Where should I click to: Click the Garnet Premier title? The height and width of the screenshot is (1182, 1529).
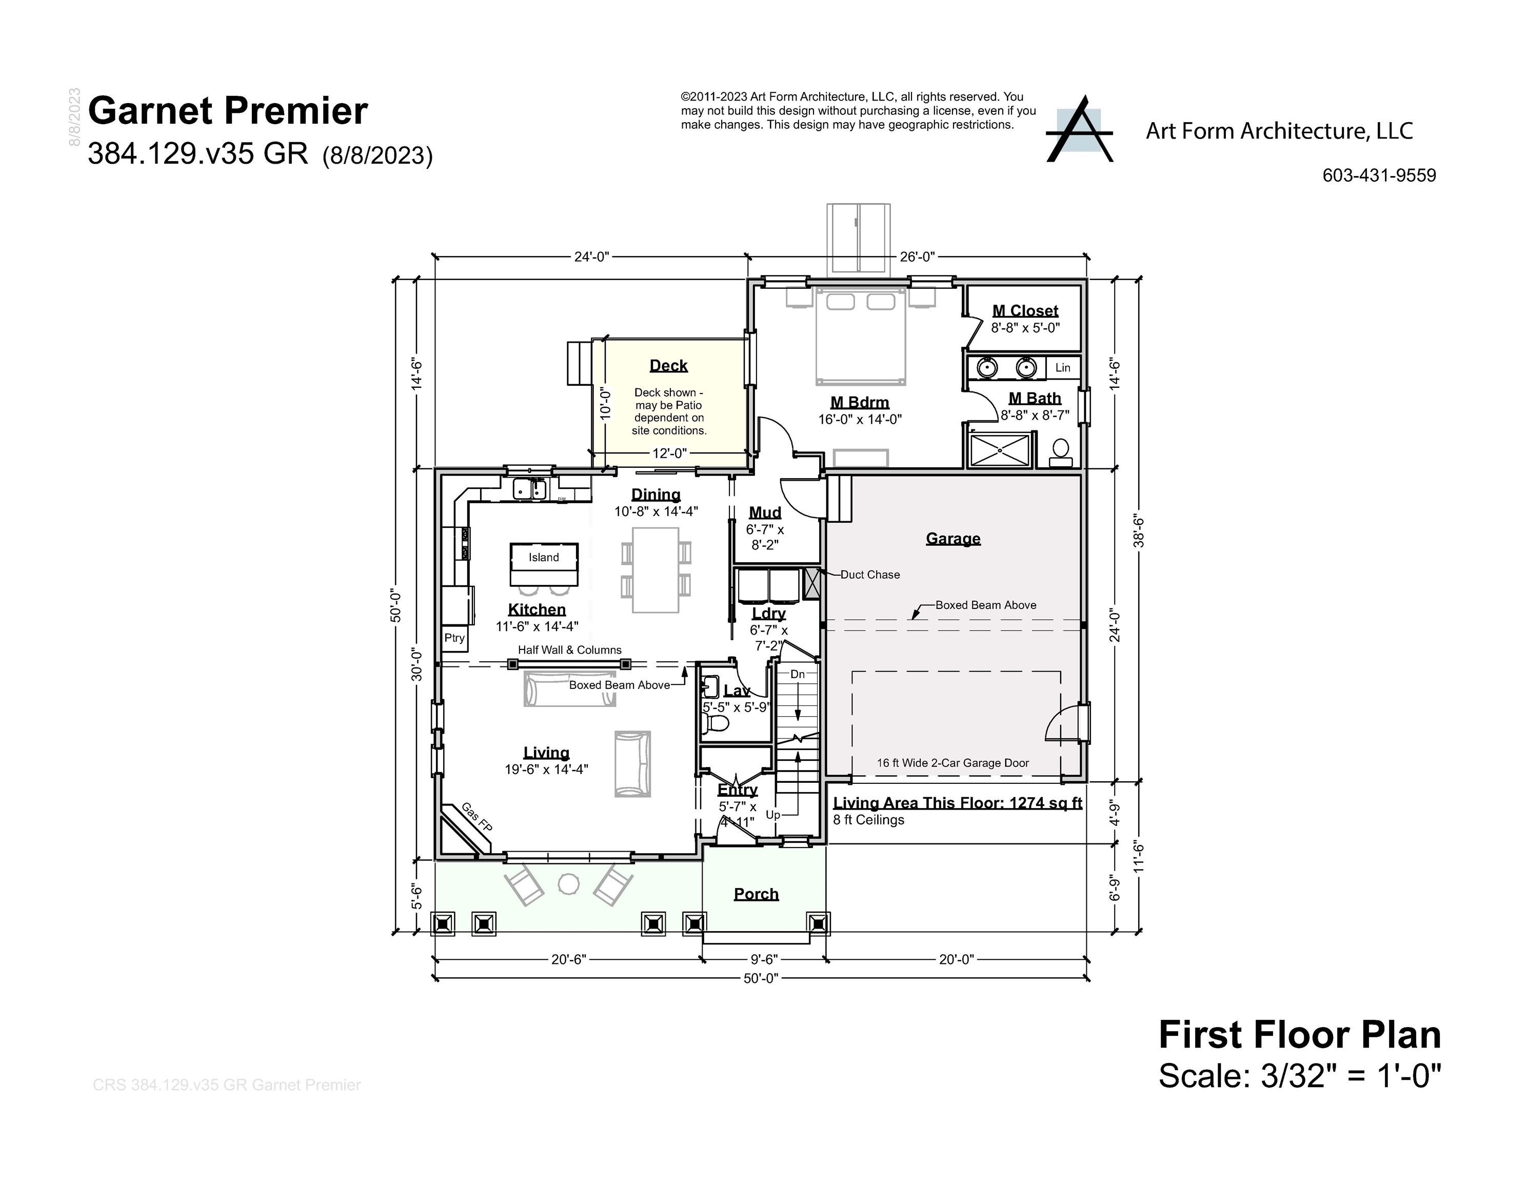pos(228,111)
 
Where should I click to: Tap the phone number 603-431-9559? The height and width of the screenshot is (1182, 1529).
pos(1379,176)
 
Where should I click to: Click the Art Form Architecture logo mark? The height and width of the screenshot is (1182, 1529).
pos(1079,130)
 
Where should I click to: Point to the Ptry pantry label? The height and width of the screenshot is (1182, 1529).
pos(454,638)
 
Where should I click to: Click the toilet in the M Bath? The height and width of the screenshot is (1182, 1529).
pos(1061,451)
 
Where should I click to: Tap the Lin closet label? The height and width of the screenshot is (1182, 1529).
pos(1063,368)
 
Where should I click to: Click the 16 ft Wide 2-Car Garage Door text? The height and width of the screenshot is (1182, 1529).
pos(953,763)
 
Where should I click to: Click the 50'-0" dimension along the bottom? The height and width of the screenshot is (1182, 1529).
pos(760,978)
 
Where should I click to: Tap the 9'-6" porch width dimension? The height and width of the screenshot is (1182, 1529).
pos(764,959)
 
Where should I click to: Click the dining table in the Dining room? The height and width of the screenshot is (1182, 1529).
pos(656,570)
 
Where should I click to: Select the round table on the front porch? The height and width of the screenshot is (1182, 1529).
pos(568,884)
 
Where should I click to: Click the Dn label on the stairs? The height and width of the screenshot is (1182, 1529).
pos(798,674)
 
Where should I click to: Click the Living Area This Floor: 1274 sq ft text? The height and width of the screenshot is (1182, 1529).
pos(957,803)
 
